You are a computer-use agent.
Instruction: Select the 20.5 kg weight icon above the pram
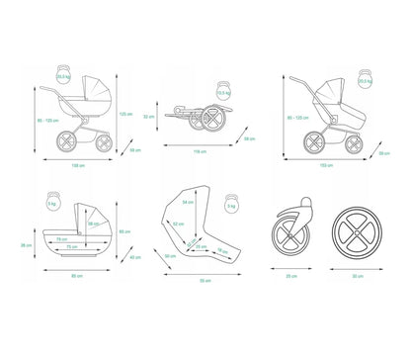coord(61,75)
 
